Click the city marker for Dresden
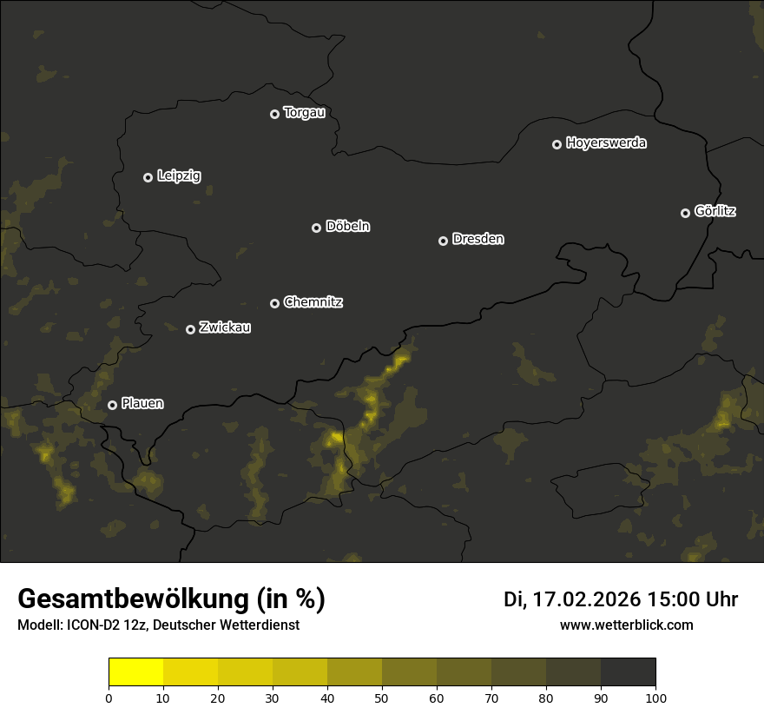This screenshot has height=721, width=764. click(443, 241)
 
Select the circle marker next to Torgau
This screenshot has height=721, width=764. click(274, 114)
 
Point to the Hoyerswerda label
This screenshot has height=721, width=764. click(606, 143)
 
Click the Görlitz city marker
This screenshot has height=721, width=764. click(685, 213)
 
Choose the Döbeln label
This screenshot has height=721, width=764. click(347, 227)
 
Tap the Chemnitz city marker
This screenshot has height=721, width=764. click(274, 303)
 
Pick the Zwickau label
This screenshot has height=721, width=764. click(225, 328)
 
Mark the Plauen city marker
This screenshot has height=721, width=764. click(112, 405)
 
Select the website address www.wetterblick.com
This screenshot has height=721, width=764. click(627, 625)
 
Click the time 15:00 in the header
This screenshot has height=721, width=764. click(676, 599)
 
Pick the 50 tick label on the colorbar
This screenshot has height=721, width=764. click(382, 698)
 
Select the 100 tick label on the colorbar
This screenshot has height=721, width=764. click(655, 698)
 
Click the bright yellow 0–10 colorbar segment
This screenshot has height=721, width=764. click(136, 672)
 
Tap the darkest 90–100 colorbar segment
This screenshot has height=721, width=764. click(628, 672)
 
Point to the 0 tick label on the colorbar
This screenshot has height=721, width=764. click(109, 698)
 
